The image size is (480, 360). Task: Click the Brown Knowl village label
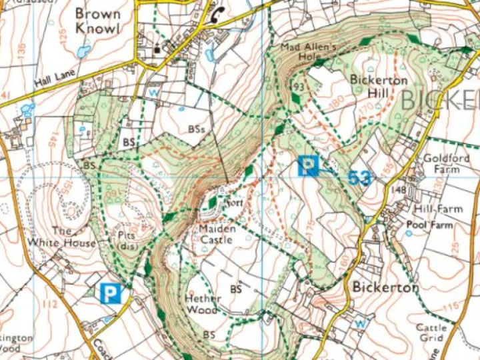[x=97, y=21]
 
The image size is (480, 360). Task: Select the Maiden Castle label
[x=216, y=234]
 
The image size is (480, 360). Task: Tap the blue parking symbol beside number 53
[x=307, y=165]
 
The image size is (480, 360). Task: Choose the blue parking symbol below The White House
[x=111, y=293]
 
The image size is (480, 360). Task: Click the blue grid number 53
[x=359, y=177]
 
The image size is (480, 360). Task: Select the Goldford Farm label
[x=447, y=164]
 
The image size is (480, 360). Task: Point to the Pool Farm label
[x=429, y=225]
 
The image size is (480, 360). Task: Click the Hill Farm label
[x=438, y=209]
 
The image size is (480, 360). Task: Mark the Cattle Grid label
[x=431, y=333]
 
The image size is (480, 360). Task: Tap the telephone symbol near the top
[x=217, y=17]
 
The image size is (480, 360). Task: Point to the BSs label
[x=196, y=128]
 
